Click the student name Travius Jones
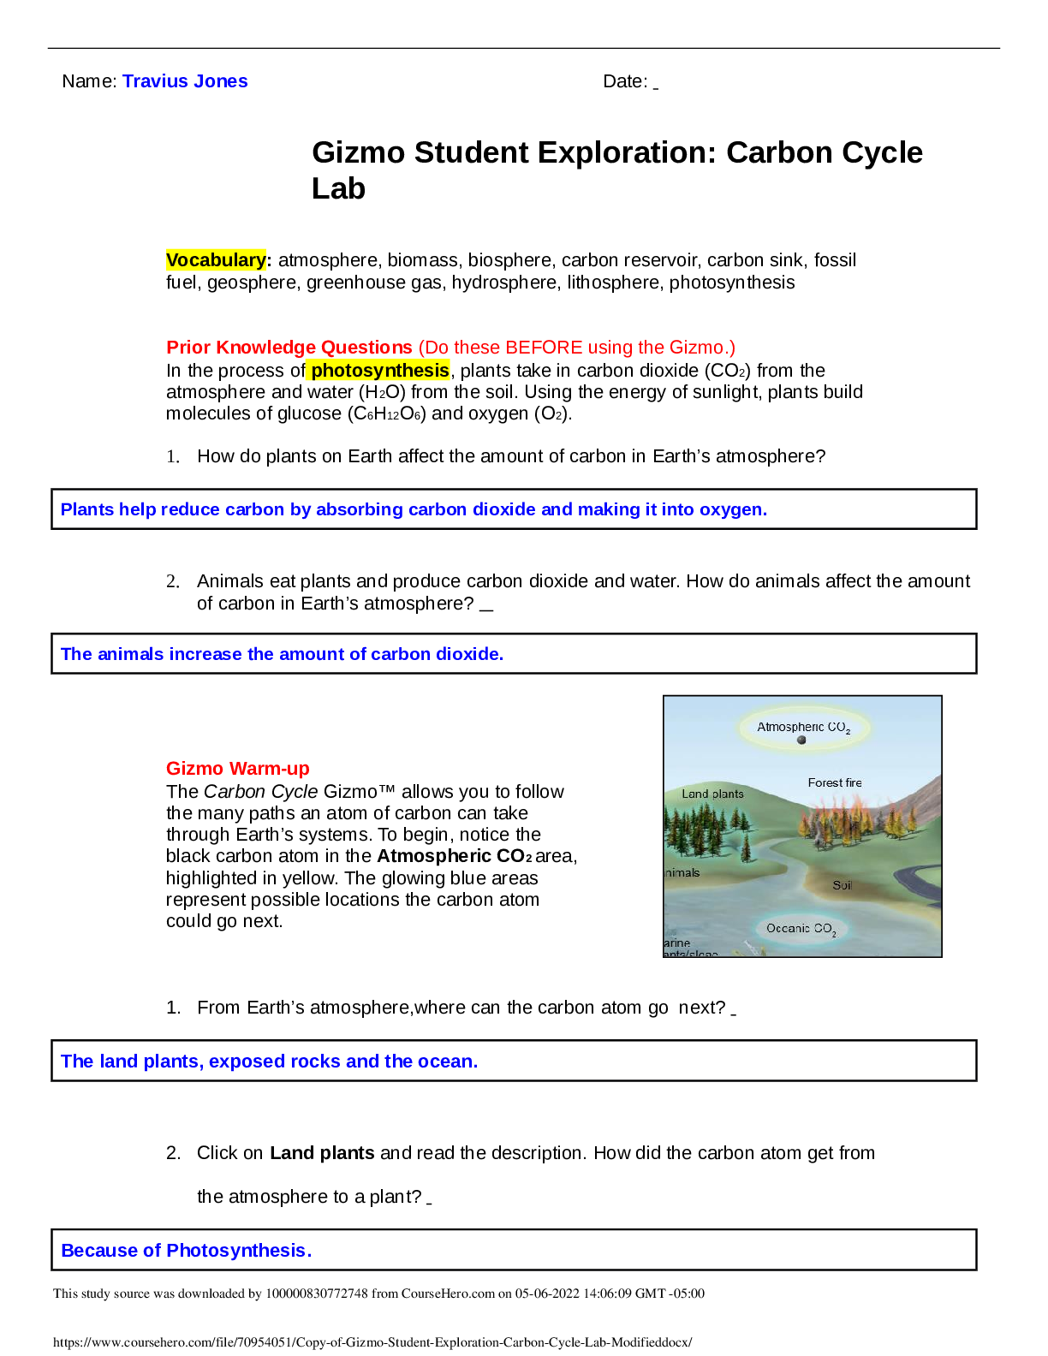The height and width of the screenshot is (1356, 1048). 185,81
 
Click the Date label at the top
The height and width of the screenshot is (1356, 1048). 625,81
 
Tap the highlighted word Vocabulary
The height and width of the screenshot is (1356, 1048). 216,260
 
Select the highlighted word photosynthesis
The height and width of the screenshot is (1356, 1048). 379,371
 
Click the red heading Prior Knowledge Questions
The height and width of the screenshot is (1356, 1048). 289,348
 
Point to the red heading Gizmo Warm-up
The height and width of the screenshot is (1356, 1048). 238,769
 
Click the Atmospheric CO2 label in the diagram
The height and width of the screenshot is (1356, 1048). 803,728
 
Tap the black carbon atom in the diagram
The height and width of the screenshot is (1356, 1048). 801,740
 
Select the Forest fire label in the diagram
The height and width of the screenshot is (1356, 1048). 835,782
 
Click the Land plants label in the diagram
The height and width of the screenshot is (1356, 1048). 712,794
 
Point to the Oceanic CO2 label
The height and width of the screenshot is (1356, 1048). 801,929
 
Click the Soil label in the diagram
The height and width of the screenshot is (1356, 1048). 843,885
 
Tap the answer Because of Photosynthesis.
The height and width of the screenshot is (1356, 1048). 187,1251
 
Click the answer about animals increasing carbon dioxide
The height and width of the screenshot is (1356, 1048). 283,654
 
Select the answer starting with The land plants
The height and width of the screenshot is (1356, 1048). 270,1062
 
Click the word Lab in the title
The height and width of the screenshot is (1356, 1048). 338,188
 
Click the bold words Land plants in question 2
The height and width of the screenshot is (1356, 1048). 322,1153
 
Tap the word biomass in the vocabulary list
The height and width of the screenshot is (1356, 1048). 422,260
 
